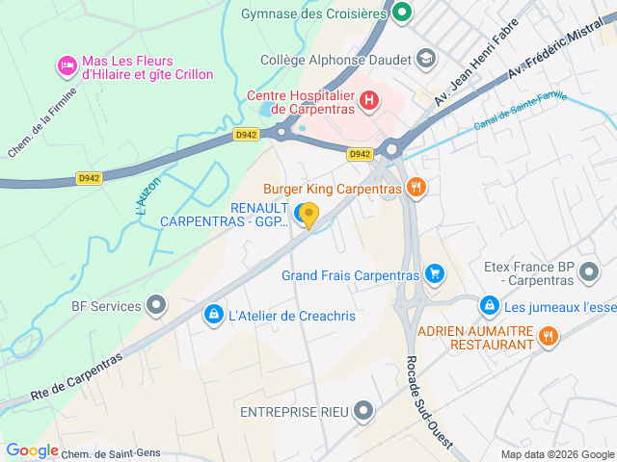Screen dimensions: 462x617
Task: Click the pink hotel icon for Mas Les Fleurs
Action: [67, 65]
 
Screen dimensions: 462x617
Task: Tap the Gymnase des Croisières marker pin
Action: [401, 13]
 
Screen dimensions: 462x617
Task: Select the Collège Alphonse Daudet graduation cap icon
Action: [425, 60]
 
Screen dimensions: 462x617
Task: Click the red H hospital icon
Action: [368, 99]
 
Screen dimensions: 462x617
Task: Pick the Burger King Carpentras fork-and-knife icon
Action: [416, 188]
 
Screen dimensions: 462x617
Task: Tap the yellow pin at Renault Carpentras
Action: [308, 215]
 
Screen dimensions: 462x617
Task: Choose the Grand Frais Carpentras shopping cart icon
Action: [435, 274]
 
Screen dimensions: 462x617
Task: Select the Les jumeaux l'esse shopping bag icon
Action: [490, 306]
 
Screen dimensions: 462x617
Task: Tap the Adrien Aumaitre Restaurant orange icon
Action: [549, 336]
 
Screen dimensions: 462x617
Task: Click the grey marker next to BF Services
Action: [156, 306]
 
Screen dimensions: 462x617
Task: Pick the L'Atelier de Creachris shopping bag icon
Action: [212, 315]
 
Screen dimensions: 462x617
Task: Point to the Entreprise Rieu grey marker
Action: [363, 412]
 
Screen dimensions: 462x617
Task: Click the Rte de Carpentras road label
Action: [76, 376]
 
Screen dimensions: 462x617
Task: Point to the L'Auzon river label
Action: [146, 194]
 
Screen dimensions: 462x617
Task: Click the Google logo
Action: [32, 450]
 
